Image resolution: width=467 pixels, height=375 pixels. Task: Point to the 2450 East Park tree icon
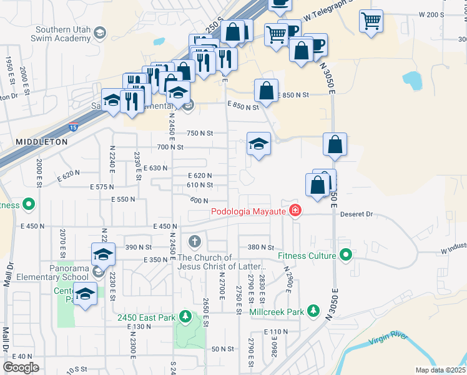pos(185,317)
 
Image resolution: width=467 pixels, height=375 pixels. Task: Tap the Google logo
pos(21,367)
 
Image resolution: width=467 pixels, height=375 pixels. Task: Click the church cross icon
pos(195,241)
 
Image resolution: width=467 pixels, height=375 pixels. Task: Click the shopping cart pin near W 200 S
pos(371,21)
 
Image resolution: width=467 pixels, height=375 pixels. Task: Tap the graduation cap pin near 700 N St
pos(258,144)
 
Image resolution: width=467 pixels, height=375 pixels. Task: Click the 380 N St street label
pos(260,247)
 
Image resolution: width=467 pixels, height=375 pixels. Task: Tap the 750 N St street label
pos(201,133)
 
